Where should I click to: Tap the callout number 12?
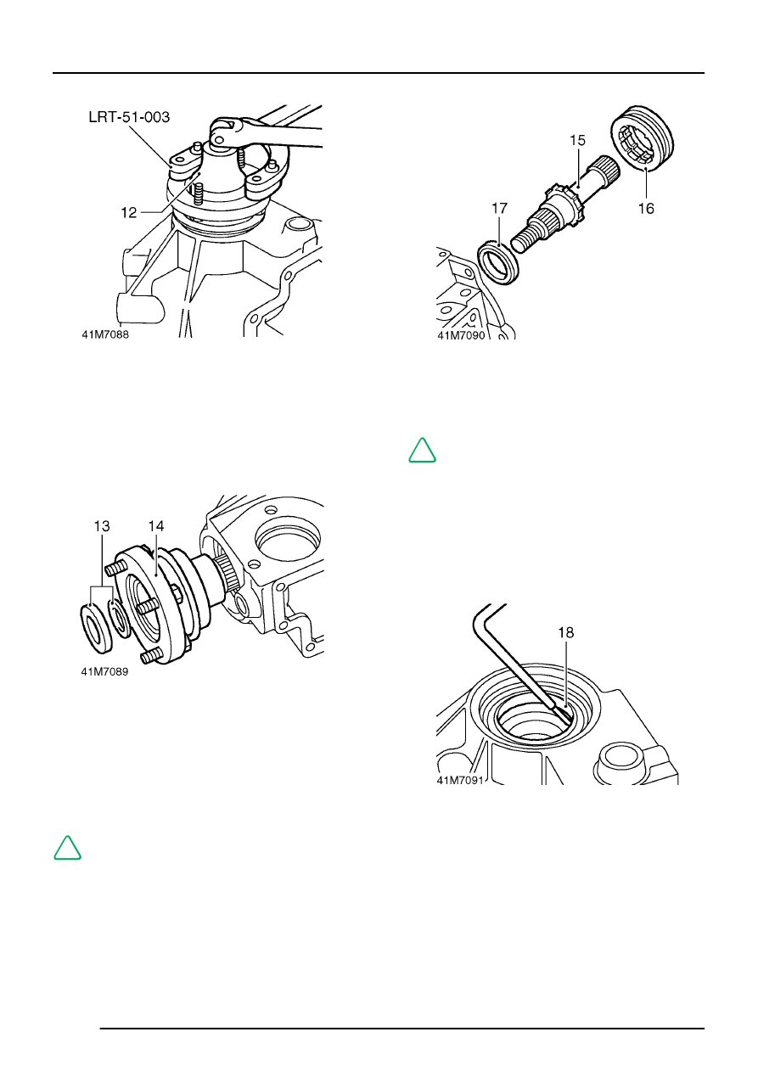click(129, 213)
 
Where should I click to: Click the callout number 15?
click(576, 141)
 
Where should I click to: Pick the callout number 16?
click(646, 208)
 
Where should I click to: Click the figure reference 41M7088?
click(105, 334)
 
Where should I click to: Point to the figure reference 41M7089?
click(105, 671)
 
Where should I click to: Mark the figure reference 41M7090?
click(460, 335)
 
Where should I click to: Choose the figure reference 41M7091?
click(460, 782)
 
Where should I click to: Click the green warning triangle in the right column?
click(422, 451)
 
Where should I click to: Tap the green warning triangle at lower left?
click(67, 848)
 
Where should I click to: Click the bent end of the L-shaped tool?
click(485, 609)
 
